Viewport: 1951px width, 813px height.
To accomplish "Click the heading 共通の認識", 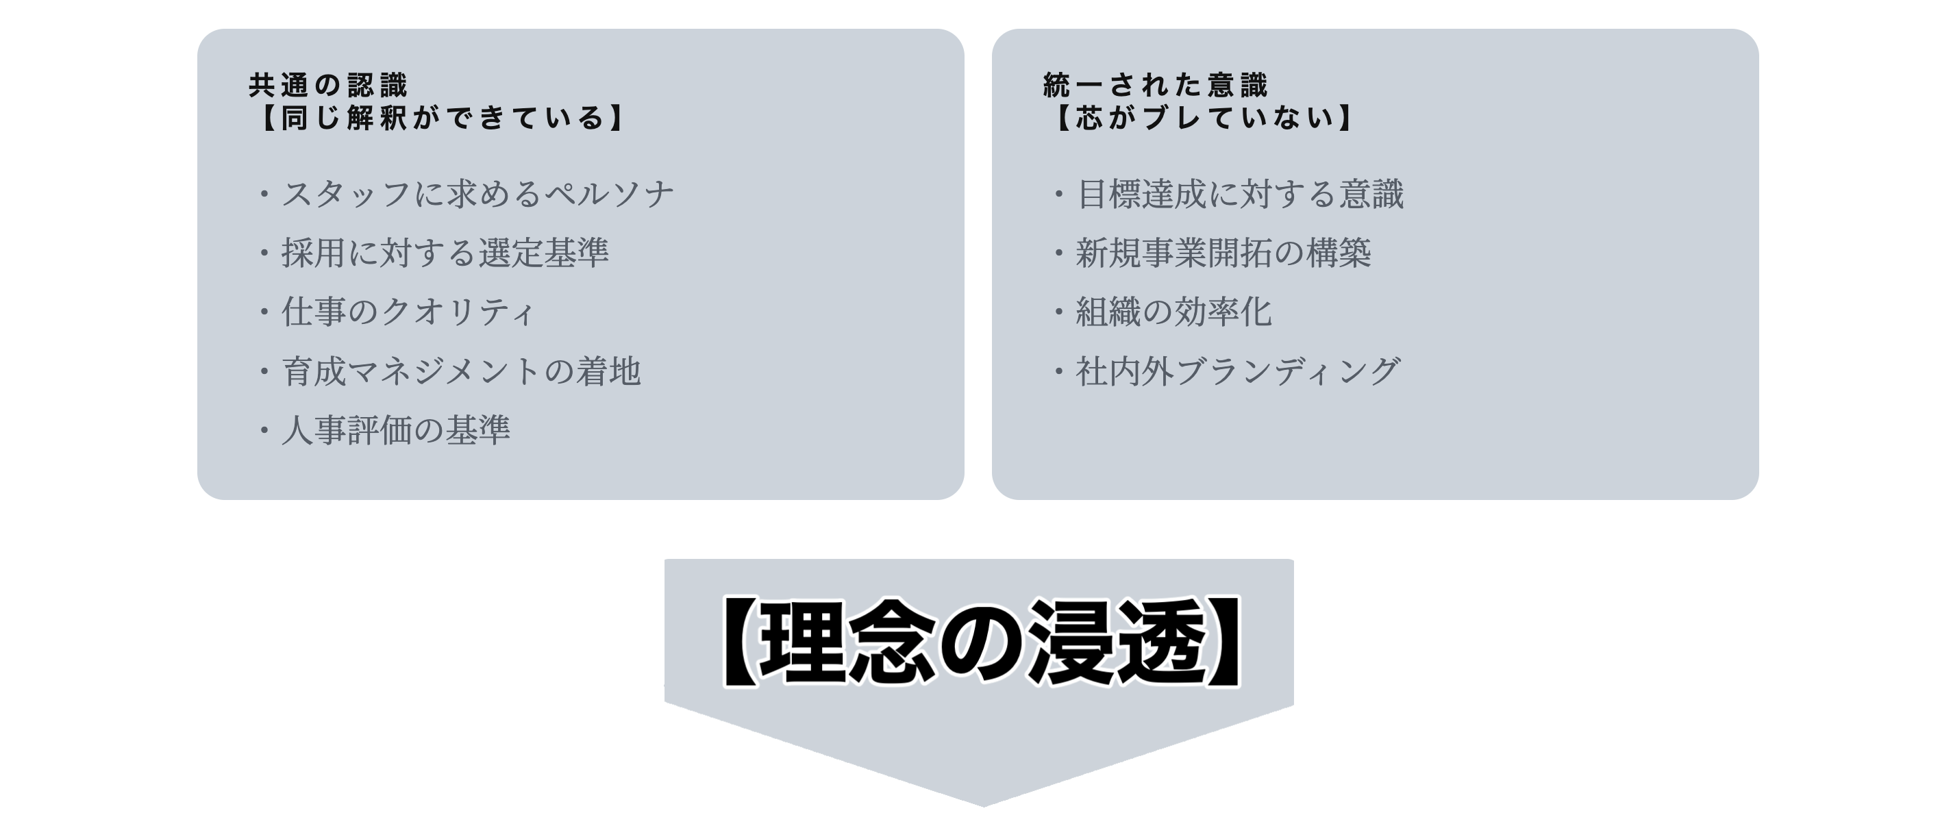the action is pos(328,86).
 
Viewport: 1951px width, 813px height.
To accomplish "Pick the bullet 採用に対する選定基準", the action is pos(445,253).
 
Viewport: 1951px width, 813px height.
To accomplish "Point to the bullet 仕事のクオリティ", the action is pos(408,312).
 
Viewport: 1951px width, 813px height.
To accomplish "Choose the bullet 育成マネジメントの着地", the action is pos(461,371).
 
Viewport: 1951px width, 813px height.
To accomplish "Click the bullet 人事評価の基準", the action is pos(395,430).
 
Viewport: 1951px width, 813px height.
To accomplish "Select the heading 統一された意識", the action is pos(1155,86).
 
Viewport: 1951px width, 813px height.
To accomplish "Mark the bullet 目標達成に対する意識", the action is pos(1239,194).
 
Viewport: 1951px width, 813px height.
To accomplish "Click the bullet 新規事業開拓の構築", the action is pos(1223,253).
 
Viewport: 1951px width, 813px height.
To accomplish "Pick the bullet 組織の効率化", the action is pos(1173,312).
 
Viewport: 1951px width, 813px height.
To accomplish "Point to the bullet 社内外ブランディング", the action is pos(1238,371).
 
